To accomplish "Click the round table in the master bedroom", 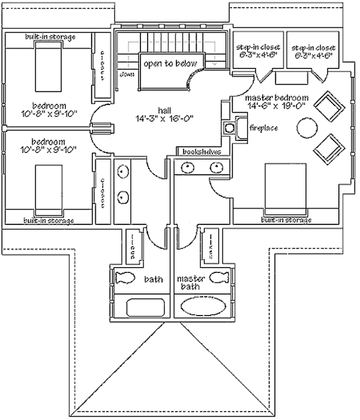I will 306,127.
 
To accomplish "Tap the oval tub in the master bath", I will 201,308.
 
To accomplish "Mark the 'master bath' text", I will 191,283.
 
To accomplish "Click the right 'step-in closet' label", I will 313,52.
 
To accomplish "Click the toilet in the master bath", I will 218,278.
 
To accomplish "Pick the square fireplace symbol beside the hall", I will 230,127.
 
